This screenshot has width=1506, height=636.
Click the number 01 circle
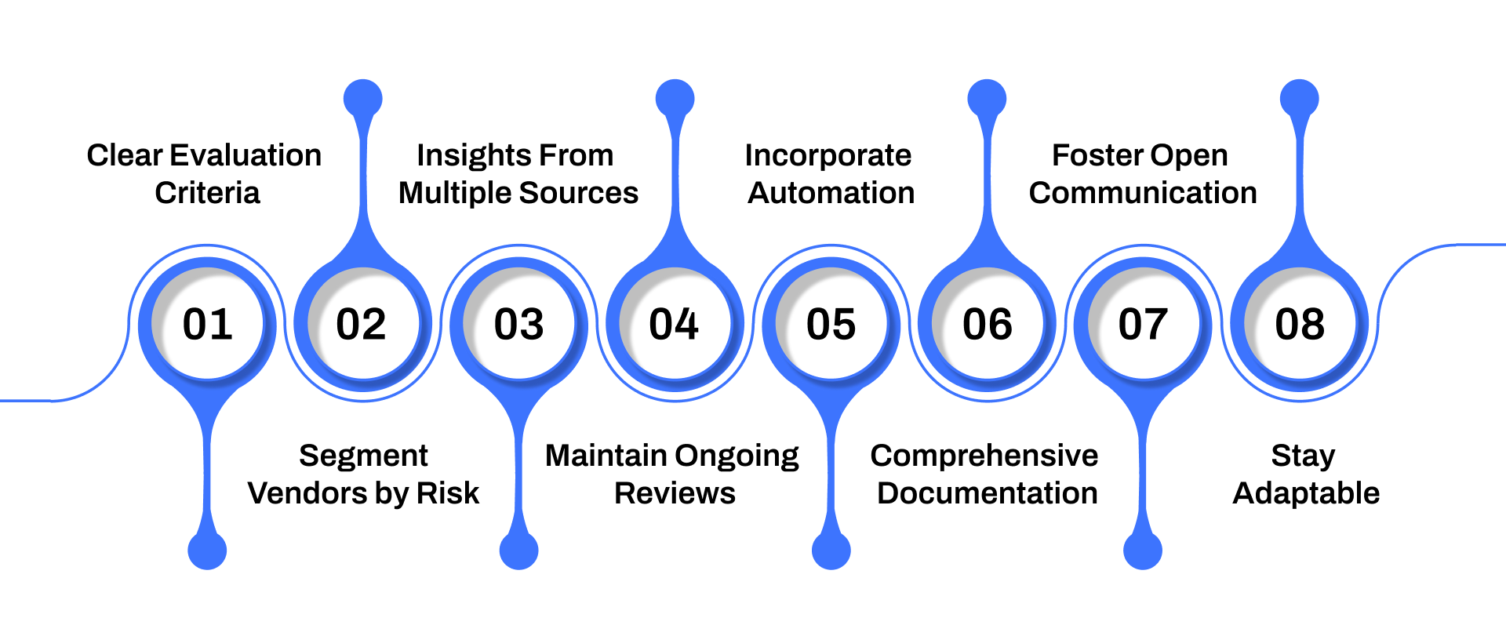(207, 324)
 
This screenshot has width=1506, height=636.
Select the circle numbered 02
(362, 324)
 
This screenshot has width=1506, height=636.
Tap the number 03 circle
(518, 324)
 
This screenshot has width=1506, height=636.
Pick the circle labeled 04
(674, 324)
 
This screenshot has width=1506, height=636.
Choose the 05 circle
(831, 324)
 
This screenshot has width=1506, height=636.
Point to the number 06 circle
(987, 324)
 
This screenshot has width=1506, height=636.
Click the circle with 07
(1143, 324)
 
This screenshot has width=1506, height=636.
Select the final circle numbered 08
(1300, 324)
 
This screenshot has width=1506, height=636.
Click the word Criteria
(207, 193)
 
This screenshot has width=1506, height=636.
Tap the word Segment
(363, 456)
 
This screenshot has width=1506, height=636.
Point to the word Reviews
(675, 493)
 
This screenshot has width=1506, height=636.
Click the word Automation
(831, 193)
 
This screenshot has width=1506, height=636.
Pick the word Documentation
(987, 493)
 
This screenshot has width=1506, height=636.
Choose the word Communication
(1143, 193)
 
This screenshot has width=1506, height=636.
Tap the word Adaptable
(1306, 493)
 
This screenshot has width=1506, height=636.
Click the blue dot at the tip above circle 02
(363, 99)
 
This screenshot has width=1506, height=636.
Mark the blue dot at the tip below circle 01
(207, 551)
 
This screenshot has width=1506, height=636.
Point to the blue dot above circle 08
(1300, 99)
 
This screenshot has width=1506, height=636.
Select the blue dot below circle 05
(831, 551)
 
